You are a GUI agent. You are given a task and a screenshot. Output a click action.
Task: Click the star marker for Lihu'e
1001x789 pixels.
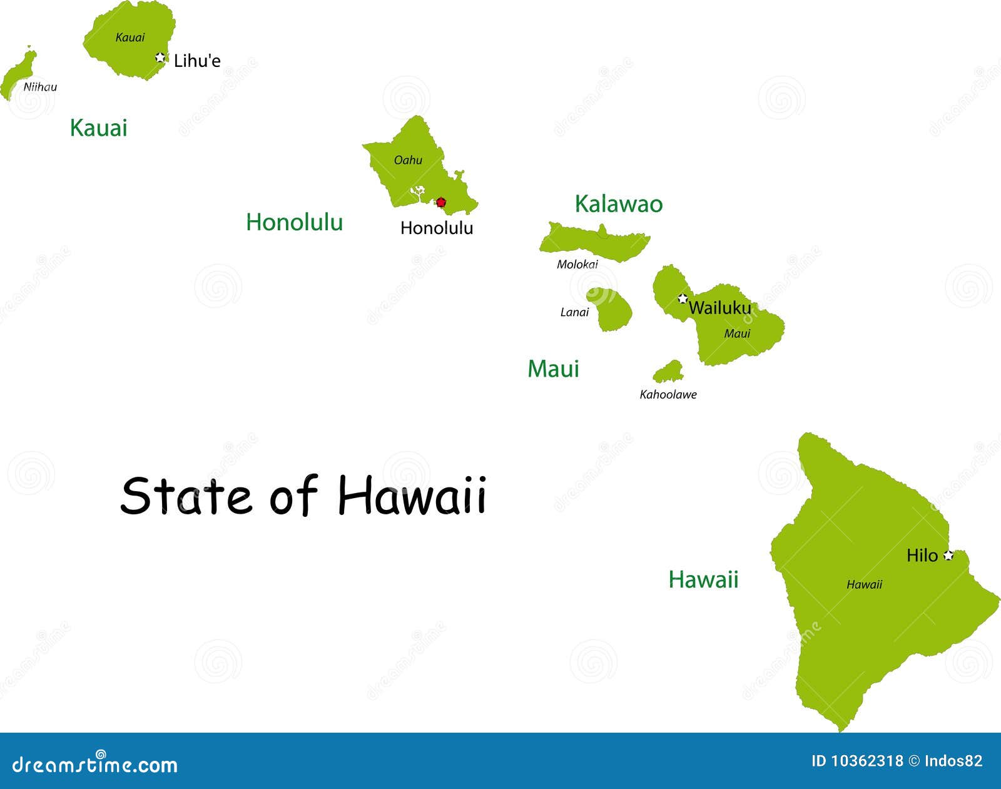[161, 58]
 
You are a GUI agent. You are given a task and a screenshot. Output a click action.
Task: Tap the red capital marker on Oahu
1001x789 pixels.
[441, 202]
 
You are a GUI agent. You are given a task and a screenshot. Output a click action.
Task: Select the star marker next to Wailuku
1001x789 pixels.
[683, 298]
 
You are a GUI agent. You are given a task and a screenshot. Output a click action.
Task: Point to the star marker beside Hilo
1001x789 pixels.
[948, 555]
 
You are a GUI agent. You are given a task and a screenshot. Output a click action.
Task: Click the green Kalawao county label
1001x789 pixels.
[618, 204]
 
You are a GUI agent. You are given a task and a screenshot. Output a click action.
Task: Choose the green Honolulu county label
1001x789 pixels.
[294, 222]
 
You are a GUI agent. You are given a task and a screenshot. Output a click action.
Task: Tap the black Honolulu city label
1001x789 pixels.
[436, 228]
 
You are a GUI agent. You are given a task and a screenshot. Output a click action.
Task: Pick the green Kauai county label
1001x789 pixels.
[98, 128]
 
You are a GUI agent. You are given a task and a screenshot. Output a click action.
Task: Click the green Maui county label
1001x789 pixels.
[553, 369]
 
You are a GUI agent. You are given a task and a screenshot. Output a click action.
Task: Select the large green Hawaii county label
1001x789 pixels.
[703, 579]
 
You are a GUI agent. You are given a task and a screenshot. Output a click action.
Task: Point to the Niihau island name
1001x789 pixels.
[40, 87]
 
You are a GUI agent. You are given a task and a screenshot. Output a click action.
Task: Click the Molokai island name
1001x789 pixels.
[577, 264]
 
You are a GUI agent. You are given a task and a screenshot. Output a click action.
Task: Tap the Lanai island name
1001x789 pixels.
[574, 312]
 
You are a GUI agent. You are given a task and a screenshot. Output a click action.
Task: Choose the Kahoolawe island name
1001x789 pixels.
[668, 394]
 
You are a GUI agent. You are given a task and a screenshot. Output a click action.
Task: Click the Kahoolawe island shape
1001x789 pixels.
[668, 373]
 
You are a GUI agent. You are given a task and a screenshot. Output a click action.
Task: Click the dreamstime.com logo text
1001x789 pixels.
[95, 764]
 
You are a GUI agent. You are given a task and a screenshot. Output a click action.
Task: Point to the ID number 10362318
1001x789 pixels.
[866, 761]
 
